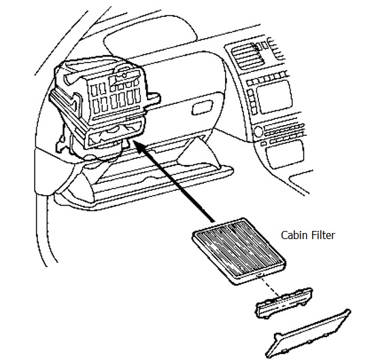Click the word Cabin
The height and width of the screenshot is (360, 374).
294,235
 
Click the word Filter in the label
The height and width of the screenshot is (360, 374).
323,235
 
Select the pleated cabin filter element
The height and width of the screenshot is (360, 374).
239,251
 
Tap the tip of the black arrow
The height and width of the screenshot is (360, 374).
133,141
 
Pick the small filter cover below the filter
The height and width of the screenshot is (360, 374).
284,303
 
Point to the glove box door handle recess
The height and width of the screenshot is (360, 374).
202,107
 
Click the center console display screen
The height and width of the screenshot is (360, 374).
274,96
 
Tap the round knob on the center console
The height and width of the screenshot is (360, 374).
258,132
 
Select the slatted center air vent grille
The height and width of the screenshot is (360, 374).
248,56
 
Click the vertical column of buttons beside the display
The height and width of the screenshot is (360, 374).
252,101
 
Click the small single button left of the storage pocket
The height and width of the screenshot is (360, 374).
263,144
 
